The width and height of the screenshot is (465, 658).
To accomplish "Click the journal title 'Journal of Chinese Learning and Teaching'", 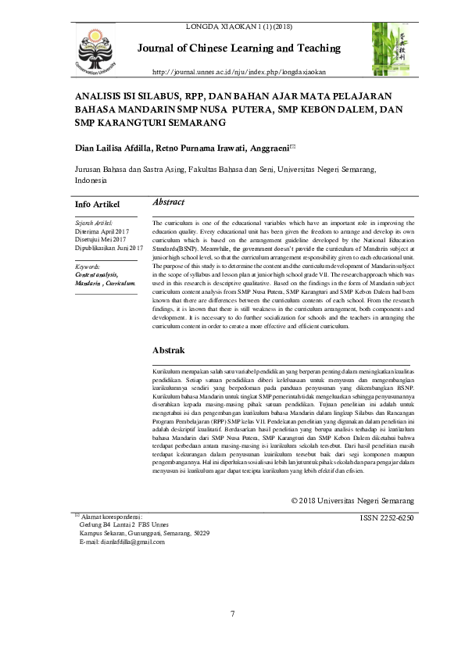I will pyautogui.click(x=243, y=48).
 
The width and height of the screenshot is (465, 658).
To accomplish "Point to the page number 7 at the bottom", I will pyautogui.click(x=232, y=612).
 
